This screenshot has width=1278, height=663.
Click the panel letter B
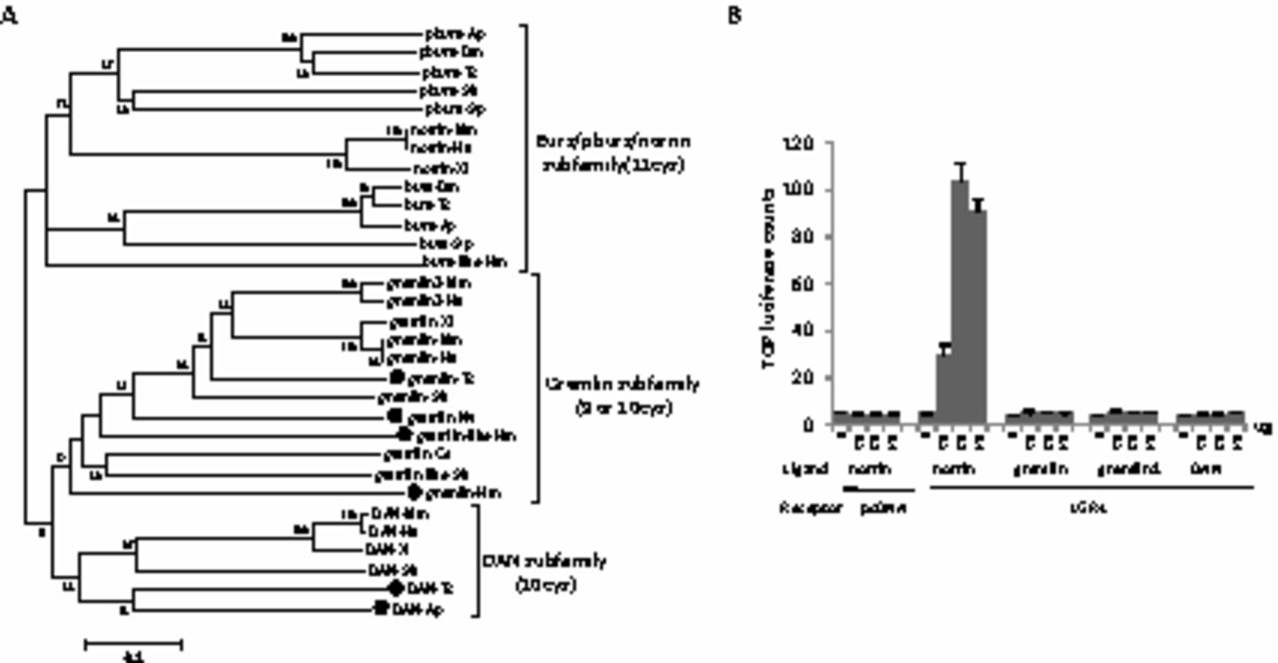pos(735,17)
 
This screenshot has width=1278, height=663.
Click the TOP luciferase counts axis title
pos(770,278)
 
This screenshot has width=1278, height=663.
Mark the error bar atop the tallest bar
pos(960,172)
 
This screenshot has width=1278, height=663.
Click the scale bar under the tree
pos(133,644)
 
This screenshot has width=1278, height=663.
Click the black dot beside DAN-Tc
pos(396,588)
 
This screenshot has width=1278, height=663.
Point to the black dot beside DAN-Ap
pos(380,607)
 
